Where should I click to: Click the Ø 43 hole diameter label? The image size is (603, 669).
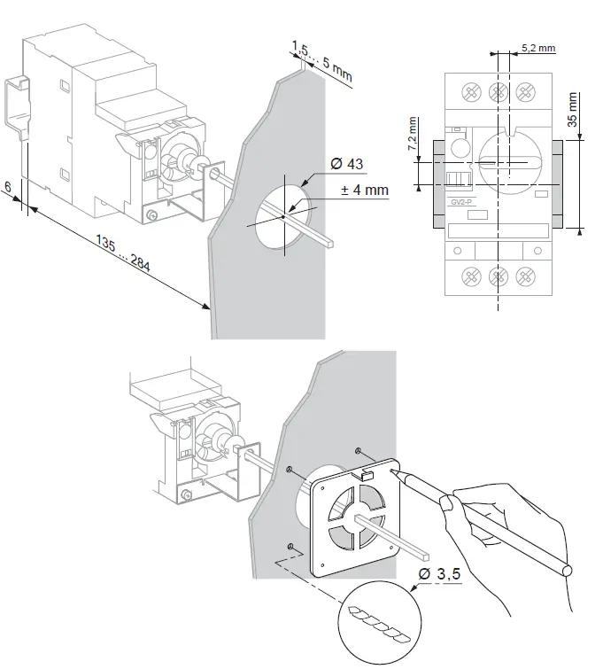point(345,165)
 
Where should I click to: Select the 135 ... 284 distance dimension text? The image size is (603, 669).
point(123,250)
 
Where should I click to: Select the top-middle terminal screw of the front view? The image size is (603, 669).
point(499,91)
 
